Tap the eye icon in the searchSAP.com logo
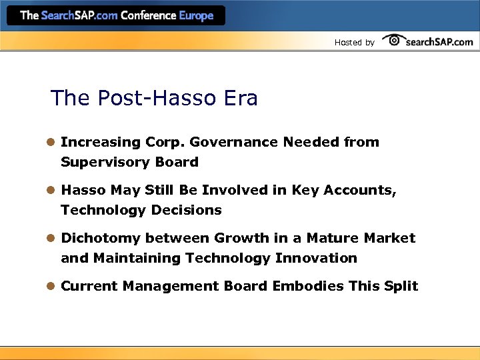click(393, 41)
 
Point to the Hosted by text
click(354, 43)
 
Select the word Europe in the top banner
click(197, 15)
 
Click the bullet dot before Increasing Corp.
click(51, 142)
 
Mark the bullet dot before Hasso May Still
click(51, 190)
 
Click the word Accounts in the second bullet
click(359, 190)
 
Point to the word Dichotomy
click(101, 238)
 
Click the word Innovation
click(315, 258)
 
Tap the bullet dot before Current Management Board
click(51, 286)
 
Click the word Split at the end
click(401, 286)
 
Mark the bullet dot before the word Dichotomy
click(51, 238)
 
